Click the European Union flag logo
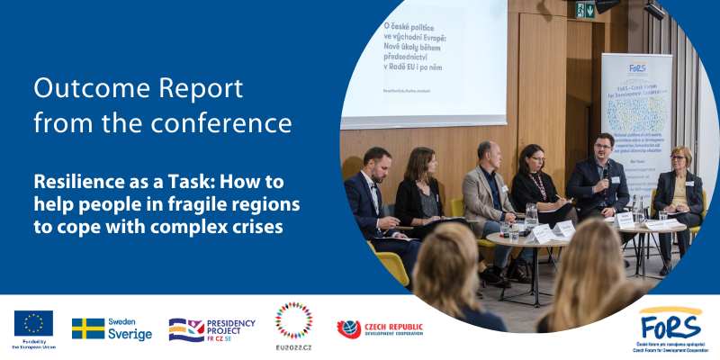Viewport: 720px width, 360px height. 33,322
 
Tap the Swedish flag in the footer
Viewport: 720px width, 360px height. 88,329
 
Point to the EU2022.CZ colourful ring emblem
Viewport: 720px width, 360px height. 293,321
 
